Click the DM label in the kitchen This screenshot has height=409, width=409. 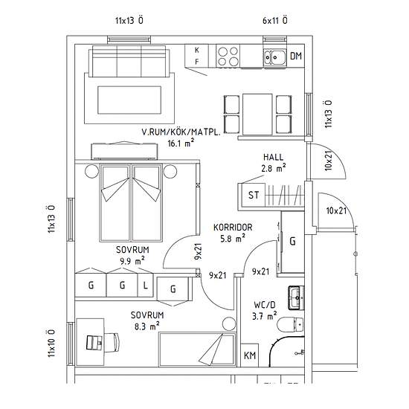point(295,56)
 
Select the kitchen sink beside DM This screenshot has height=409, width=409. point(276,55)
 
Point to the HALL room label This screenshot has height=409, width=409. point(274,158)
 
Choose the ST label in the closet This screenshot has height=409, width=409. point(254,196)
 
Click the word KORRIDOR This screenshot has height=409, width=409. point(234,228)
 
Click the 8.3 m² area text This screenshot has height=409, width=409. point(146,326)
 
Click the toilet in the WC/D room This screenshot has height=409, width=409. point(291,324)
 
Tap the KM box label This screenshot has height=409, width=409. point(250,356)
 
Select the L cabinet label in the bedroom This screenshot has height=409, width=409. point(145,285)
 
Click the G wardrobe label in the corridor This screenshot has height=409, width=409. point(292,241)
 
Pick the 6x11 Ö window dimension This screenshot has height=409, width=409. point(275,20)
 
